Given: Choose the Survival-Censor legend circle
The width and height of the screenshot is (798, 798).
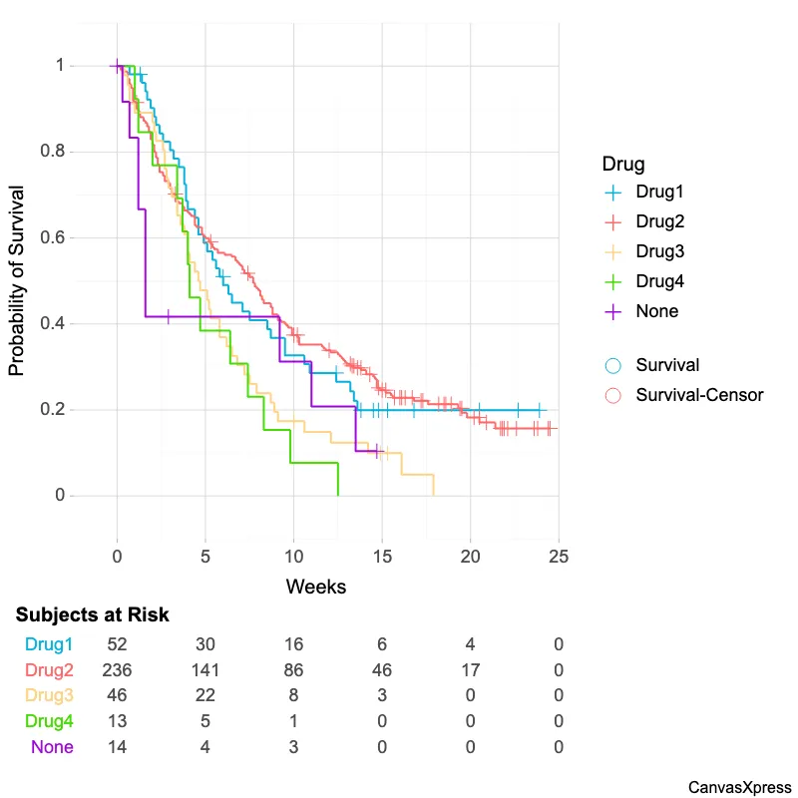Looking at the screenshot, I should tap(613, 395).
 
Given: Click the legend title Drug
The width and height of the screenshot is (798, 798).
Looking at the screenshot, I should tap(622, 163).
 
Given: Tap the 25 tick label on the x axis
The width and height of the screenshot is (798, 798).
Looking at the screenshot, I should tap(559, 555).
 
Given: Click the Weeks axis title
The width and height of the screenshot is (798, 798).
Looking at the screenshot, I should tap(316, 587).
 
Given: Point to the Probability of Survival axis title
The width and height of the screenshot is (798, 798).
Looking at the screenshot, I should tap(17, 280).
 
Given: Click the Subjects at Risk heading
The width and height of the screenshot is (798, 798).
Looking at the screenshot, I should tap(92, 615).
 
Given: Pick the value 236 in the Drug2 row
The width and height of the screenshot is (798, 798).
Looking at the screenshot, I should tap(118, 669).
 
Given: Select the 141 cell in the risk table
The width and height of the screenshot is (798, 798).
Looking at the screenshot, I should tap(205, 669).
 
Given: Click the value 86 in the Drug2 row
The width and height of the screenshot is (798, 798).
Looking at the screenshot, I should tap(293, 669).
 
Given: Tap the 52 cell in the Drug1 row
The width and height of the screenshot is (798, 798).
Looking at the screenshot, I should tap(118, 643).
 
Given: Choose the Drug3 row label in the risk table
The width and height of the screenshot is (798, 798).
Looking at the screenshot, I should tap(50, 695).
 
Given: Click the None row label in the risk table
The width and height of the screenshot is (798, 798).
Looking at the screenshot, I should tap(52, 747).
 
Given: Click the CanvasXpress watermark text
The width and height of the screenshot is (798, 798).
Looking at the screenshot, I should tap(739, 787).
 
